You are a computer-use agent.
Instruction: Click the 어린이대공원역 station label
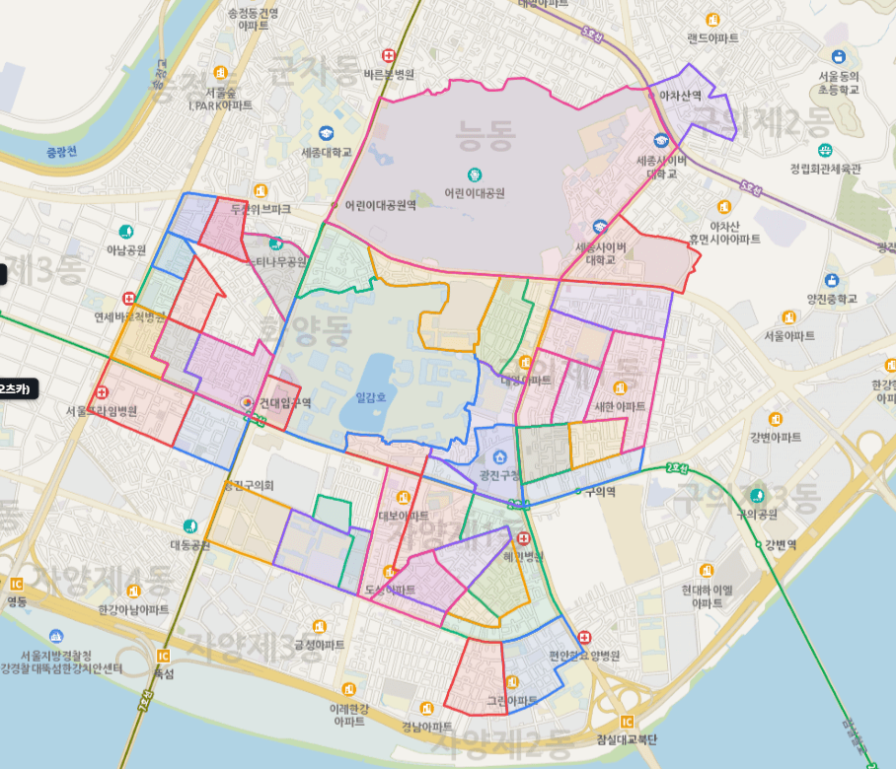point(381,206)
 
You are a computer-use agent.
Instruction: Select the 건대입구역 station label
point(285,403)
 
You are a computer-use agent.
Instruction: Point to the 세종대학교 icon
point(327,134)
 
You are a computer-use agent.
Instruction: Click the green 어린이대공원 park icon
point(475,174)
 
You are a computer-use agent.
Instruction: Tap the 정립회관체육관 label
point(825,169)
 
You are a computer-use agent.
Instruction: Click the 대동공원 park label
point(189,544)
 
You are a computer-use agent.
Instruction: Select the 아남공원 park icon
point(126,232)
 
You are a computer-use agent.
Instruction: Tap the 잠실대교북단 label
point(628,739)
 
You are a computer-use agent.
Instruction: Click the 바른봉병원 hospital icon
point(389,56)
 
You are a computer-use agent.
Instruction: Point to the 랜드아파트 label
point(713,37)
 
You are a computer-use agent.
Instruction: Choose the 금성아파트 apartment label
point(319,644)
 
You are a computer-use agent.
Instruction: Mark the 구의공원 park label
point(758,514)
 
